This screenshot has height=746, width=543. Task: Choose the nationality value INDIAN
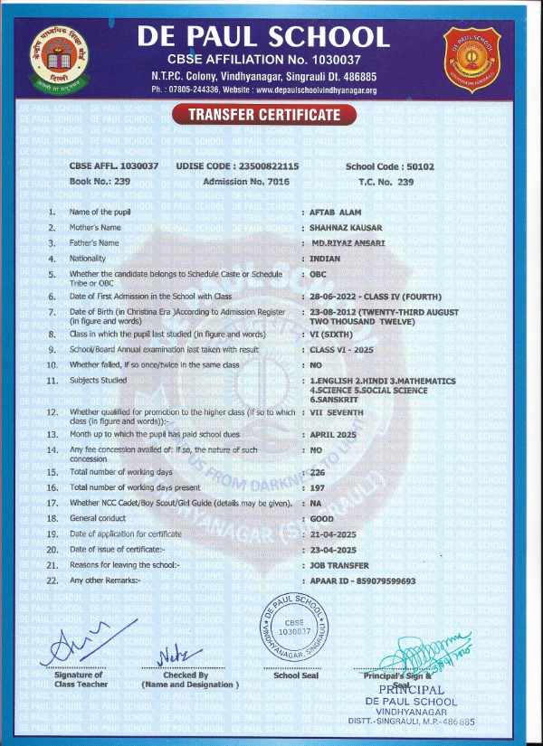[x=324, y=259]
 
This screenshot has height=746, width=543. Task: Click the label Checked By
[x=186, y=675]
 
